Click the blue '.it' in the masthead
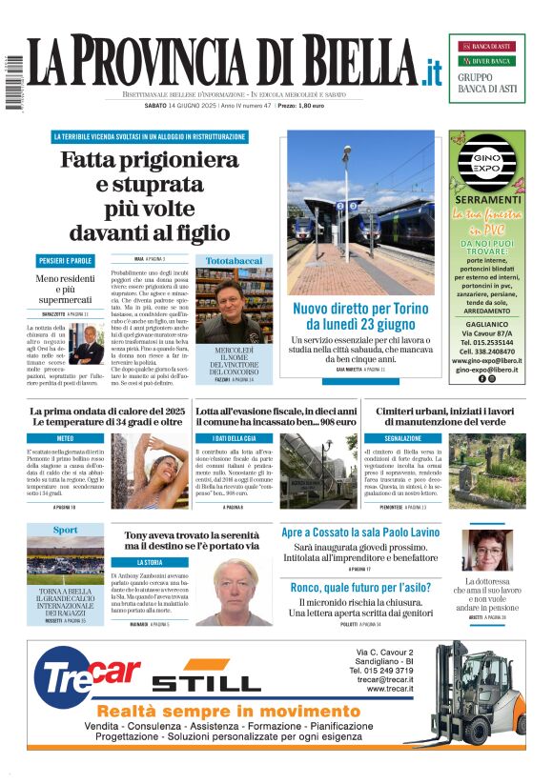click(433, 71)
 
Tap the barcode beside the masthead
click(12, 82)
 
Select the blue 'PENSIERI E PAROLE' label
click(66, 260)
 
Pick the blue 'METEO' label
click(66, 438)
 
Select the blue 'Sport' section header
click(66, 530)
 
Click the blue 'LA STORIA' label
click(150, 562)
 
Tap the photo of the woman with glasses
click(486, 550)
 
